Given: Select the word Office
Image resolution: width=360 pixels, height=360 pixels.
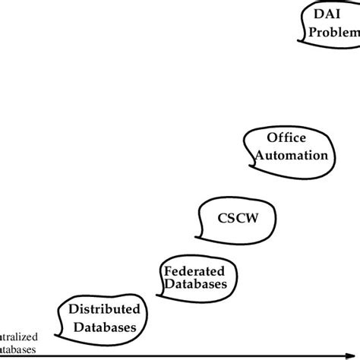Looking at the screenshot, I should (286, 137).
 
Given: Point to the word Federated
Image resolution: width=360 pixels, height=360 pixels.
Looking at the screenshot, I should (194, 270).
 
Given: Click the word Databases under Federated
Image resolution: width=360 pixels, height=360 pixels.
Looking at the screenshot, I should (196, 285).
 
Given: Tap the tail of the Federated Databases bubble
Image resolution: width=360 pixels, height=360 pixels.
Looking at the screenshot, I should (161, 295).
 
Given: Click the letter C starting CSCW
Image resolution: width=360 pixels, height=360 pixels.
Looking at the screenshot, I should (223, 218).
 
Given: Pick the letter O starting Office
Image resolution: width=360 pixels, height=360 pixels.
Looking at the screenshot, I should (272, 137).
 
